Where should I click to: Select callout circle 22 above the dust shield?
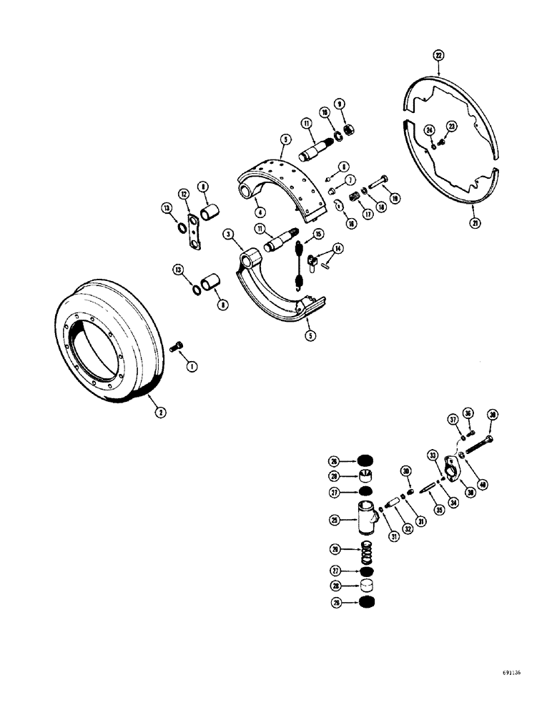click(x=438, y=55)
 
